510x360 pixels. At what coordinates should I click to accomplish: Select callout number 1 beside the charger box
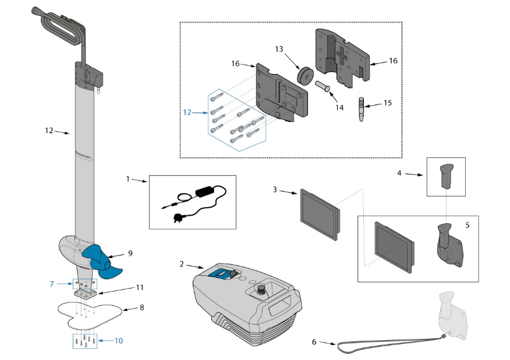point(128,179)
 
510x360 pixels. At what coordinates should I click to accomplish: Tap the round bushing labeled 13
point(305,74)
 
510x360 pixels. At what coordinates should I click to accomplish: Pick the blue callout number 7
point(53,284)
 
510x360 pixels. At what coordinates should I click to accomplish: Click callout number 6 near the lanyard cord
point(315,341)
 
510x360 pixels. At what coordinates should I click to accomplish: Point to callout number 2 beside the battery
point(181,264)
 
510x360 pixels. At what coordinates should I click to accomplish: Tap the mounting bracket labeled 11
point(85,290)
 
